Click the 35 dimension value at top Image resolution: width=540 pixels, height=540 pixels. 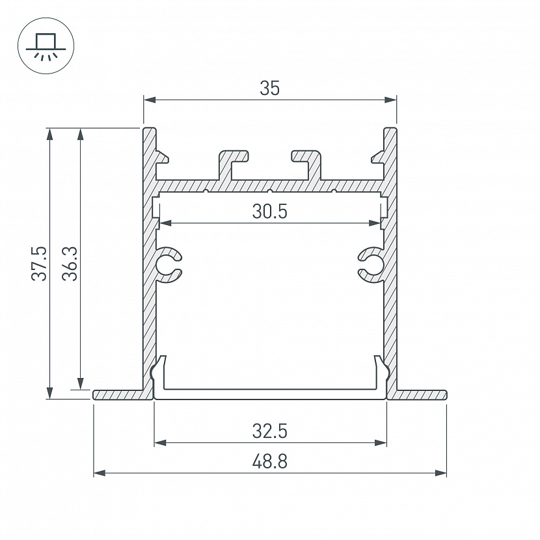pyautogui.click(x=269, y=88)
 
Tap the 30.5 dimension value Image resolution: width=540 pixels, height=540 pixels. pyautogui.click(x=269, y=211)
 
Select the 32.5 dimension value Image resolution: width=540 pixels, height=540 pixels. pyautogui.click(x=269, y=431)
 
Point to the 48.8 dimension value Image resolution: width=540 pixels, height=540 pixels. pyautogui.click(x=269, y=461)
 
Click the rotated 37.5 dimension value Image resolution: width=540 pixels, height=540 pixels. pyautogui.click(x=39, y=263)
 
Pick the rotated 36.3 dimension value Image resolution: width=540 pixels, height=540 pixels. pyautogui.click(x=70, y=263)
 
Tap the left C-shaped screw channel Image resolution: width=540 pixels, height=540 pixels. pyautogui.click(x=168, y=265)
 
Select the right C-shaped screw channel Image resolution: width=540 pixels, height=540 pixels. pyautogui.click(x=371, y=265)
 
